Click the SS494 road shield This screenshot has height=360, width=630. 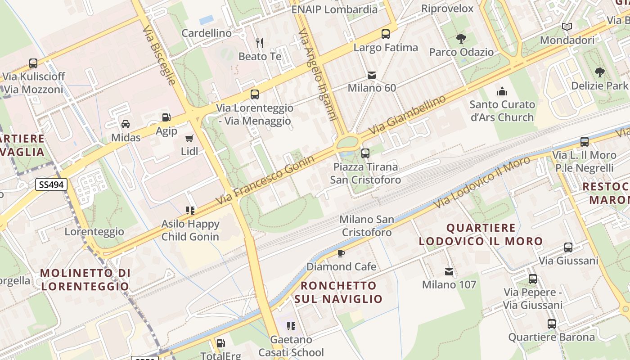point(51,184)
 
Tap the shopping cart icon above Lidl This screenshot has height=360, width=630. point(189,138)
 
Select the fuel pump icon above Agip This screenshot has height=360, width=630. point(166,117)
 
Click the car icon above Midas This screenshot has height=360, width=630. point(126,124)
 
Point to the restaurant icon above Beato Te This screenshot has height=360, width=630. point(260,43)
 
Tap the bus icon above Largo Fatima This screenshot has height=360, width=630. point(386,34)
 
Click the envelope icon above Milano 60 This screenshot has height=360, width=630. point(372,75)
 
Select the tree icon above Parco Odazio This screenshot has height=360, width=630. point(461,39)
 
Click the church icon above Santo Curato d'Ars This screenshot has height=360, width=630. point(502,91)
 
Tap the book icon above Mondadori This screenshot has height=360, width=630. point(567,27)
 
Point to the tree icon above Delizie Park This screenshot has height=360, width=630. point(599,72)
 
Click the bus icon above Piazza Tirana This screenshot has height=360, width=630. point(365,153)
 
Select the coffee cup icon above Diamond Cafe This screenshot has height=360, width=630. point(341,253)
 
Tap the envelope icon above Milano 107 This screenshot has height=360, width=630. point(449,271)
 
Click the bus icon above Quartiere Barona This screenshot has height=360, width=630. point(552,324)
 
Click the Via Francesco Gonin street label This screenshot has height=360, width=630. point(265,180)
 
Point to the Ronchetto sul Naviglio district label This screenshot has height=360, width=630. point(338,292)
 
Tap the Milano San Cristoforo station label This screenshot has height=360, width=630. point(367,226)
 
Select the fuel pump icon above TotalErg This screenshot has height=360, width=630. point(220,343)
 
